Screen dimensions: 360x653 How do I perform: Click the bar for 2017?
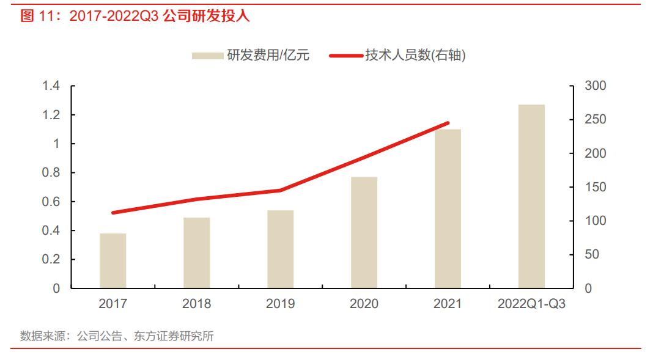(x=113, y=261)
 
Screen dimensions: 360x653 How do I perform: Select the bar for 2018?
(x=197, y=253)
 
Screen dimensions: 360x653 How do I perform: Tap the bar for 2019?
(x=281, y=249)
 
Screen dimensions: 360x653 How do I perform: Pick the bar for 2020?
(x=364, y=233)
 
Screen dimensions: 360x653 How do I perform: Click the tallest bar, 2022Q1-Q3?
(x=531, y=196)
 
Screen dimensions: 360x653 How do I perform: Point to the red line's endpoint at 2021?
(x=448, y=123)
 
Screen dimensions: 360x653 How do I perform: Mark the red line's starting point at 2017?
(x=113, y=213)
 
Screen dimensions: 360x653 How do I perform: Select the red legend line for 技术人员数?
(x=345, y=56)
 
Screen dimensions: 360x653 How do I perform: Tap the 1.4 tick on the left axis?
(x=51, y=86)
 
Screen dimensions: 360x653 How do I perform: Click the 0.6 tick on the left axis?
(x=51, y=202)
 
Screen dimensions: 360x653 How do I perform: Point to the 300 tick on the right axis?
(x=595, y=86)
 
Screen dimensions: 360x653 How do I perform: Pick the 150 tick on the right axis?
(x=595, y=187)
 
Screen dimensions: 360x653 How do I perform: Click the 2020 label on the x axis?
(x=364, y=304)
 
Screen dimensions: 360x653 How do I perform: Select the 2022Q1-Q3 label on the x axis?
(x=531, y=304)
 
